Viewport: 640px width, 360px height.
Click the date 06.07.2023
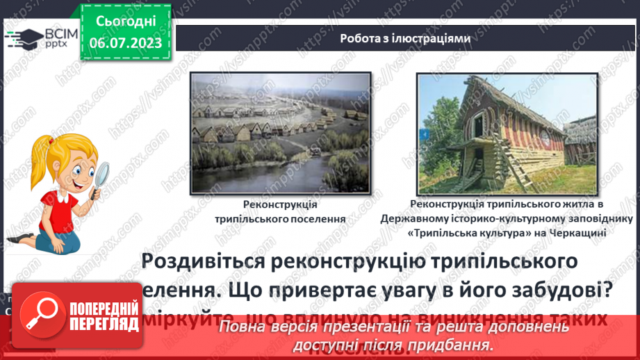126,42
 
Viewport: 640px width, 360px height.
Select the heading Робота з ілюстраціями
405,38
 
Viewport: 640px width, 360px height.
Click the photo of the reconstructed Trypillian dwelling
508,133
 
